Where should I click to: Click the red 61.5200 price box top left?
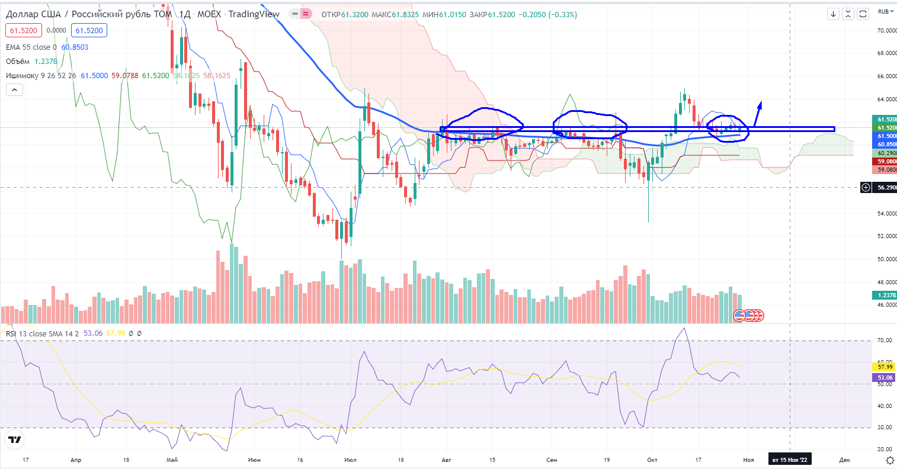pyautogui.click(x=23, y=31)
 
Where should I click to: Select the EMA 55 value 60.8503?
pyautogui.click(x=75, y=47)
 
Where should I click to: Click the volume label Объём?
pyautogui.click(x=18, y=62)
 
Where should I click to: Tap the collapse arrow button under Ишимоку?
pyautogui.click(x=14, y=90)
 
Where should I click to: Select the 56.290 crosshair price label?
pyautogui.click(x=886, y=188)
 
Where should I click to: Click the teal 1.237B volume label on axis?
pyautogui.click(x=886, y=295)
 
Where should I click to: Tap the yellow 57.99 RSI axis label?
pyautogui.click(x=885, y=367)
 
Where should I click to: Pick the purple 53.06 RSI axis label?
pyautogui.click(x=885, y=378)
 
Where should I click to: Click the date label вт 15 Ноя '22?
pyautogui.click(x=789, y=460)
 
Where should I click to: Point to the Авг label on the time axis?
pyautogui.click(x=447, y=460)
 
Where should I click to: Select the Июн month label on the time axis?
pyautogui.click(x=254, y=460)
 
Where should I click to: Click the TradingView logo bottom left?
pyautogui.click(x=15, y=439)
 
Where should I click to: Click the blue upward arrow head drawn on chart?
pyautogui.click(x=760, y=105)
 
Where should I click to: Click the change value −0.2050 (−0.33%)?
pyautogui.click(x=547, y=14)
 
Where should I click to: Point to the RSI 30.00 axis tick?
pyautogui.click(x=885, y=428)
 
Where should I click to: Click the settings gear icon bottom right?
pyautogui.click(x=889, y=460)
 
